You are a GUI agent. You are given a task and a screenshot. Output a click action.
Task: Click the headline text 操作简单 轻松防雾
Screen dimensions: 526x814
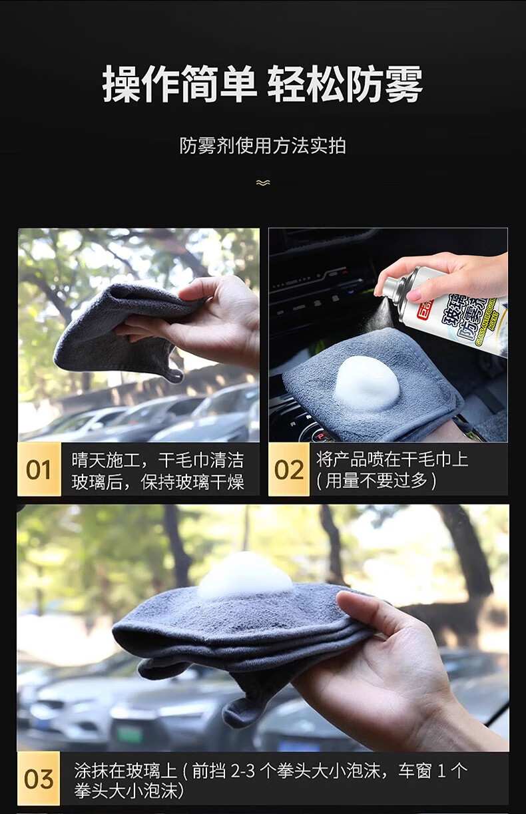[x=262, y=84]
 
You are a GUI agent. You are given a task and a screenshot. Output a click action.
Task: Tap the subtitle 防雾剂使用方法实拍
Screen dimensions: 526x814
[x=262, y=146]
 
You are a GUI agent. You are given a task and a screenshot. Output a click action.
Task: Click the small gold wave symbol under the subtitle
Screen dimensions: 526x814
[x=263, y=182]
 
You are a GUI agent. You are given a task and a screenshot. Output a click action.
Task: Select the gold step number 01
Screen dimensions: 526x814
[x=39, y=469]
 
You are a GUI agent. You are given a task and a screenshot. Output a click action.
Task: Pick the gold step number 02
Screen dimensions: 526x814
[x=288, y=469]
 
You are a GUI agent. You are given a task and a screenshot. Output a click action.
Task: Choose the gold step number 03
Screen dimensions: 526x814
[x=39, y=779]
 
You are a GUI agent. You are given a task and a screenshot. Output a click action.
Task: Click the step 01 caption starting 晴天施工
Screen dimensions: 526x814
[x=157, y=471]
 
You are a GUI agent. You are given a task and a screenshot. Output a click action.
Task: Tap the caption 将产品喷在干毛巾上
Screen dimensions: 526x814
[x=392, y=459]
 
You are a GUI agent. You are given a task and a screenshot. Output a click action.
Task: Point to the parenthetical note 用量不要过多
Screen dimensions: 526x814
[x=376, y=481]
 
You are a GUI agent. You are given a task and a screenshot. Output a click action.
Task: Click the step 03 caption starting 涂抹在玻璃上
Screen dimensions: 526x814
[x=270, y=780]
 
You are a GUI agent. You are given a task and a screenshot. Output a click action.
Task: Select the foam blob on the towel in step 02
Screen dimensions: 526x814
[x=366, y=383]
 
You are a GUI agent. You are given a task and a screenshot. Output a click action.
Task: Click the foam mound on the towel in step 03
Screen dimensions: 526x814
[x=244, y=576]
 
